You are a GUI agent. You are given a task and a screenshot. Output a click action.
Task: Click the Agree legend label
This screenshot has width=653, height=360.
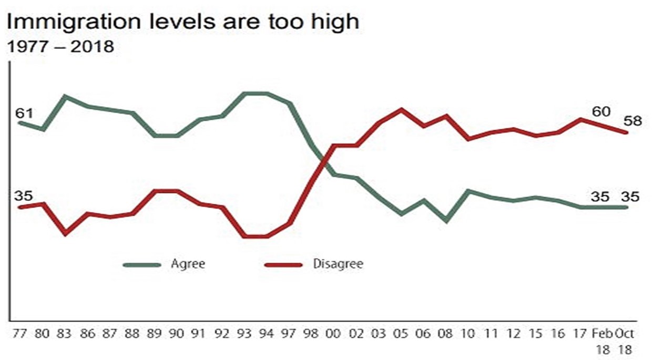point(188,264)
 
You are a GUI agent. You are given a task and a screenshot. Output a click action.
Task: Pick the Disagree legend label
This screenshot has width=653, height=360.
point(338,264)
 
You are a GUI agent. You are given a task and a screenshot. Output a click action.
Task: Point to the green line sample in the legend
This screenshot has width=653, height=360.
point(142,265)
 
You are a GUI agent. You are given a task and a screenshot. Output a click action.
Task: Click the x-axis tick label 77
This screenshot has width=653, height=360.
point(21,334)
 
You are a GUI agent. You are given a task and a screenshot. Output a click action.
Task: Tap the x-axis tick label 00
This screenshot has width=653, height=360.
point(334,334)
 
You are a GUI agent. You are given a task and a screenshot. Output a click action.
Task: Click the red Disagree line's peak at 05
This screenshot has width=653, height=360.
point(402,109)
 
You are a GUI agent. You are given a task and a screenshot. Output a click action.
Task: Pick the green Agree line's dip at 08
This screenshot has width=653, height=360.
point(446,221)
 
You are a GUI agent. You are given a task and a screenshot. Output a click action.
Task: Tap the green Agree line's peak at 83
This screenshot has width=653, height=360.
point(65,96)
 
